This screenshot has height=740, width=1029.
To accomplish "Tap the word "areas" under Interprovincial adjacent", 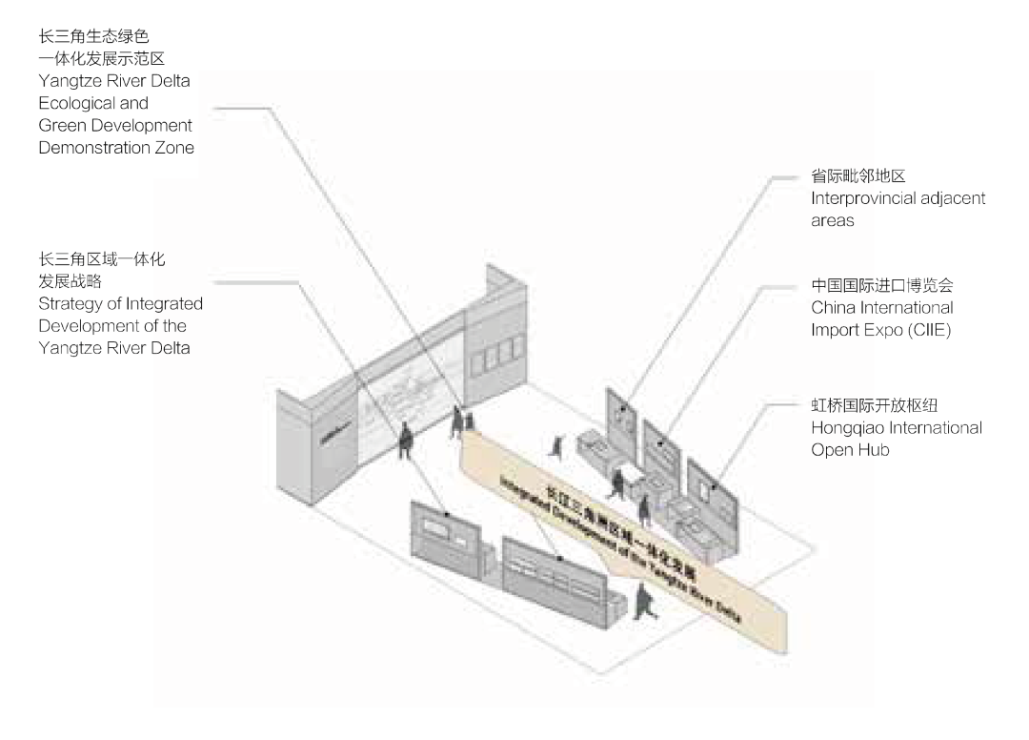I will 833,220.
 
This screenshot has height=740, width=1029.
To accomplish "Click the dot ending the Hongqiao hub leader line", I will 716,485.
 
